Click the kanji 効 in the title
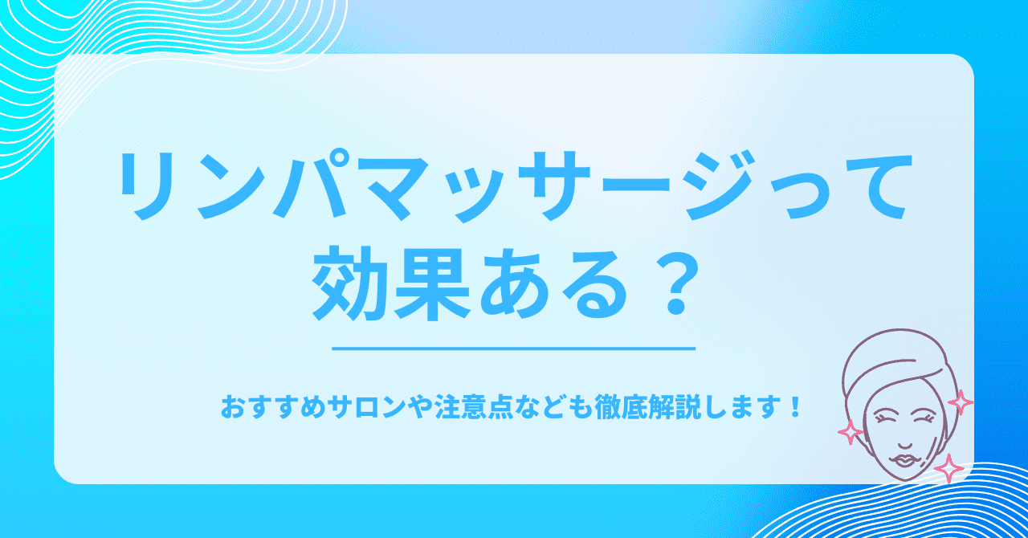click(x=349, y=283)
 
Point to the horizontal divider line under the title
click(x=513, y=348)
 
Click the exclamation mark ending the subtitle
click(x=793, y=407)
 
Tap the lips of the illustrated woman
click(x=901, y=460)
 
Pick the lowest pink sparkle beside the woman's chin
click(x=948, y=469)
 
